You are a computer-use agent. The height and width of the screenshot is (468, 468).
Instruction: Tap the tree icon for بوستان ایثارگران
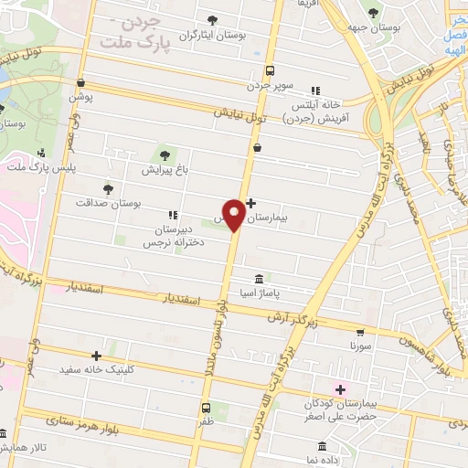click(x=212, y=20)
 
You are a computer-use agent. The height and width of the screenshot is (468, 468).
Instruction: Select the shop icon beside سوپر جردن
click(x=269, y=69)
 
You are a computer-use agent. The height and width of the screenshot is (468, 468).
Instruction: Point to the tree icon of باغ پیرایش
click(x=165, y=154)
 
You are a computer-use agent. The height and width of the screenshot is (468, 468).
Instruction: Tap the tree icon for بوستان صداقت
click(x=108, y=188)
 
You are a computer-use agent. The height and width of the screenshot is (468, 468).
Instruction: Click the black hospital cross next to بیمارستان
click(x=252, y=204)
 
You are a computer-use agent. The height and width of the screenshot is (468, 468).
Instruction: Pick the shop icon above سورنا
click(x=360, y=333)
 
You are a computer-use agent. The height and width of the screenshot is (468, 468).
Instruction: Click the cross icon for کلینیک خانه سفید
click(x=96, y=356)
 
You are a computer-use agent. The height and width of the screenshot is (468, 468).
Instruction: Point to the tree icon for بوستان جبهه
click(x=372, y=13)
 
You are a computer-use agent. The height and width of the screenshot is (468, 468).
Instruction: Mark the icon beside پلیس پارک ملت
click(x=40, y=153)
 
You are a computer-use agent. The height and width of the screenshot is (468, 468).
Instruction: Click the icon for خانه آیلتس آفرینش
click(x=315, y=90)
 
